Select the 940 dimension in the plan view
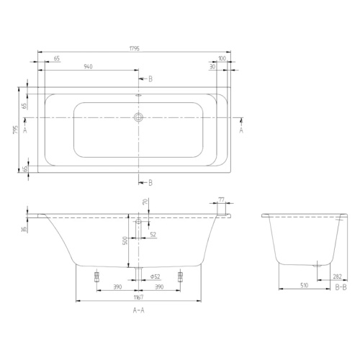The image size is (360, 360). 89,66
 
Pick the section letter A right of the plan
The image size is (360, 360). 241,130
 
